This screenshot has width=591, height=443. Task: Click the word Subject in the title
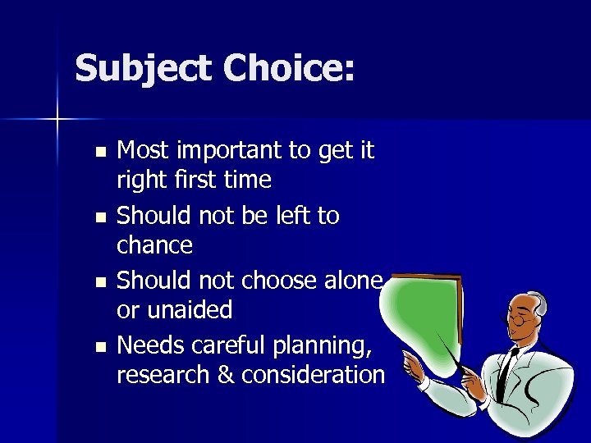[x=143, y=69]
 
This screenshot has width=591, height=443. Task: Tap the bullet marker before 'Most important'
[x=99, y=152]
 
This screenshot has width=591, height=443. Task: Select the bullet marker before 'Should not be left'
[x=99, y=217]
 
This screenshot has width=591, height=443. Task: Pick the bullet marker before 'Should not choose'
[x=99, y=282]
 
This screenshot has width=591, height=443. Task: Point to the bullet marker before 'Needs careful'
[x=99, y=347]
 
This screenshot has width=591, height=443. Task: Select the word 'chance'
[x=155, y=245]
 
